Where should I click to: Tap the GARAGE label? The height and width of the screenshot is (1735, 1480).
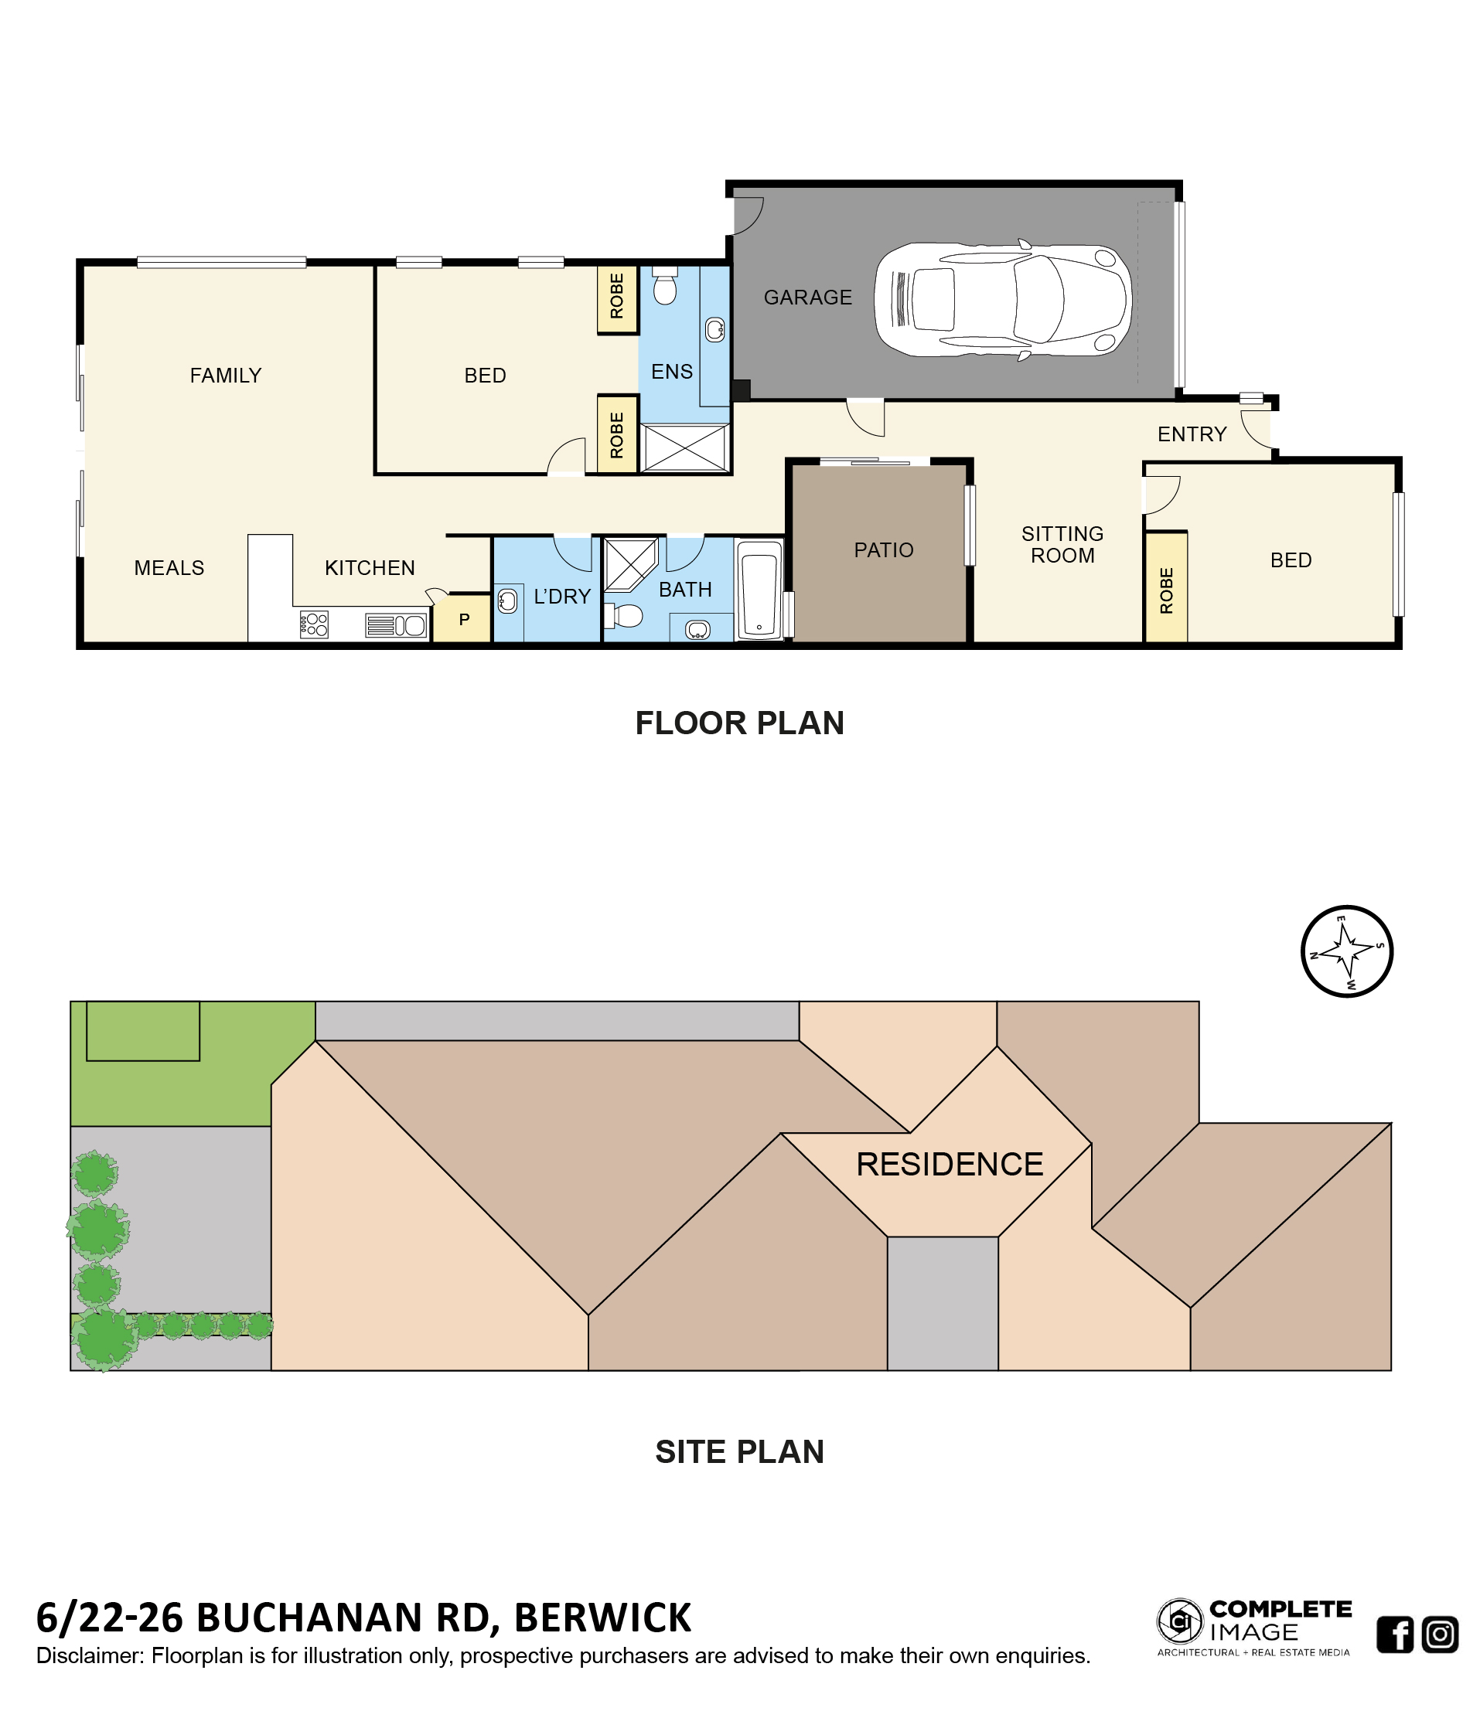(x=807, y=298)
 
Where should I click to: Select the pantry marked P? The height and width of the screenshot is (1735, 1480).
(x=462, y=619)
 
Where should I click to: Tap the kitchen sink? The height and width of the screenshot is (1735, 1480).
(x=396, y=625)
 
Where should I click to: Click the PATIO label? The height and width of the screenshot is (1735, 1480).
(x=884, y=550)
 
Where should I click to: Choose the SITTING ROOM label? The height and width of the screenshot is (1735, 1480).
(x=1062, y=544)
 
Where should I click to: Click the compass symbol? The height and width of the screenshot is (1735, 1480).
(x=1347, y=951)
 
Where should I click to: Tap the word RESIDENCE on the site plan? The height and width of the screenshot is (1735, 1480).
(x=950, y=1165)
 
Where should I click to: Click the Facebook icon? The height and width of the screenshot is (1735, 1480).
(x=1395, y=1635)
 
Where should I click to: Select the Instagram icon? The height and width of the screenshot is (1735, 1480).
(x=1440, y=1635)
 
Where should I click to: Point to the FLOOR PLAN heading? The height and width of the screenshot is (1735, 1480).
(x=739, y=723)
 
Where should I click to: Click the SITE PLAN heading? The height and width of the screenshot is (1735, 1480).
(x=739, y=1452)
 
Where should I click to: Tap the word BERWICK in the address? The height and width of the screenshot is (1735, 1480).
(x=602, y=1618)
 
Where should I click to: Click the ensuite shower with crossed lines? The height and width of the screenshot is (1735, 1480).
(x=684, y=448)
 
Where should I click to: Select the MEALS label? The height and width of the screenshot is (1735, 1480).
(x=169, y=568)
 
